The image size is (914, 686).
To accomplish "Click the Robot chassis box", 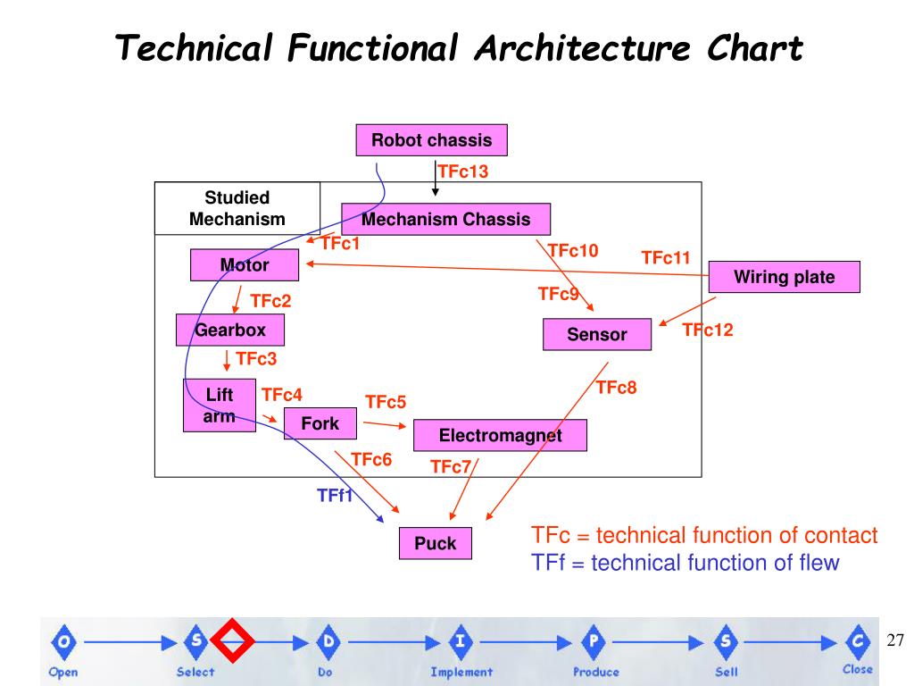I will (431, 140).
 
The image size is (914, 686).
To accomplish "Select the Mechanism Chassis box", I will (445, 219).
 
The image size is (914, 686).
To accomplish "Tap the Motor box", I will (244, 265).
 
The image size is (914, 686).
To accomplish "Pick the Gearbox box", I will (230, 330).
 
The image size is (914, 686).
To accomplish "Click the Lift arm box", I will (219, 406).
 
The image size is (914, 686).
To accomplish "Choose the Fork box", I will (320, 423).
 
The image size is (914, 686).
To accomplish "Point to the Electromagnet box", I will (500, 435).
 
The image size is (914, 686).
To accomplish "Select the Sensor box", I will (596, 334).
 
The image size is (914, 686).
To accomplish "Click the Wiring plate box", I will (784, 277).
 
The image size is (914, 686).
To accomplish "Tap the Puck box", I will (435, 543).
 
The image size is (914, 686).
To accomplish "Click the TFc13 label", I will (463, 171).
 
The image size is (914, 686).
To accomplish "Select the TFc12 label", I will (707, 330).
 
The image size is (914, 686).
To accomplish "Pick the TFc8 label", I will (616, 387).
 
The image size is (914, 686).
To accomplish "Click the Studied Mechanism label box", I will (237, 208).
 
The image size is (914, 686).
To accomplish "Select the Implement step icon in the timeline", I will (461, 640).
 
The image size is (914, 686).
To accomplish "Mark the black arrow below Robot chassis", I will (435, 179).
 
